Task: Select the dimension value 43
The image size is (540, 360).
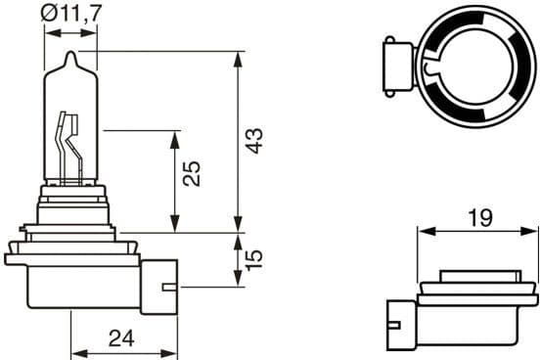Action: point(255,140)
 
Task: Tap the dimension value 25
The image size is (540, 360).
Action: point(193,174)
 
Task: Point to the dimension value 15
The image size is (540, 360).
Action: point(255,259)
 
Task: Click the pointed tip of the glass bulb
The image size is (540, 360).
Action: point(71,55)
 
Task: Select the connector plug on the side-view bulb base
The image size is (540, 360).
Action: point(158,286)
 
